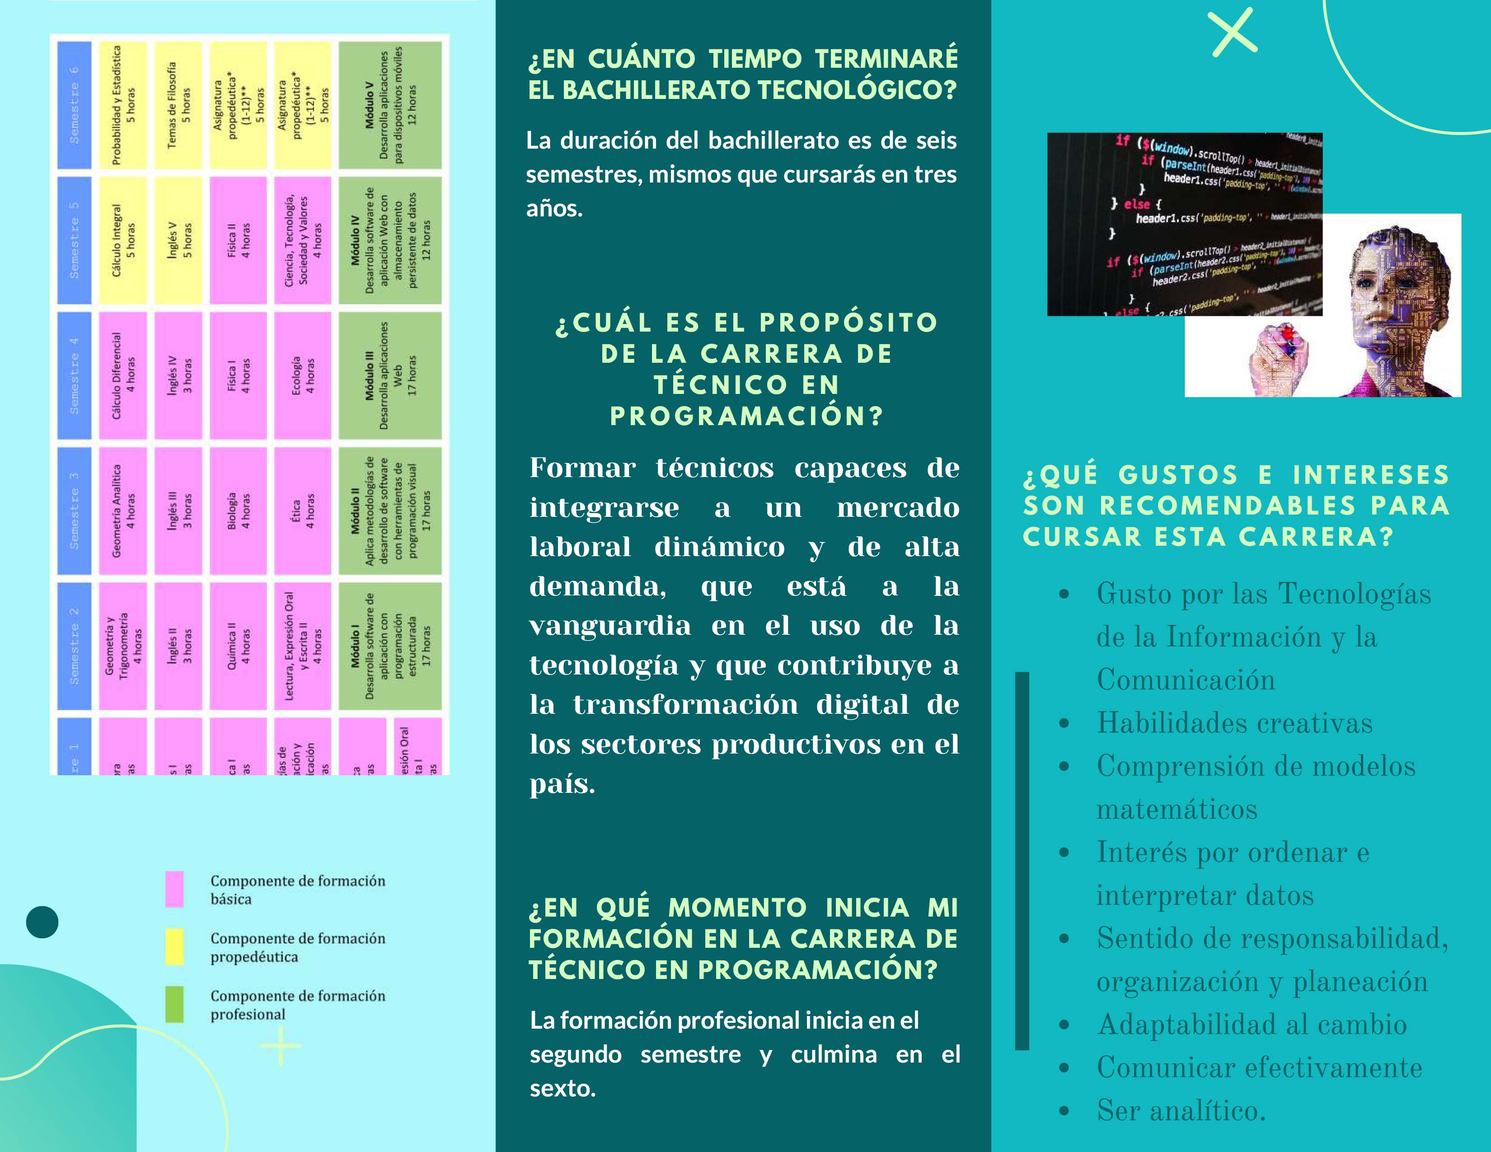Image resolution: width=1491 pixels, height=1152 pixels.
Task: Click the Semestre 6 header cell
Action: coord(74,105)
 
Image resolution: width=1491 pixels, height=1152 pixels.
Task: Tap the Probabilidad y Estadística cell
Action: coord(123,105)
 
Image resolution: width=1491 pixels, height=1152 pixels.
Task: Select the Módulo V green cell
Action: coord(390,105)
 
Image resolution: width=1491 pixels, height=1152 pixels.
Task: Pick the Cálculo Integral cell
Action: coord(123,240)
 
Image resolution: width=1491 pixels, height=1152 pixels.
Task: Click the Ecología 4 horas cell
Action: coord(302,375)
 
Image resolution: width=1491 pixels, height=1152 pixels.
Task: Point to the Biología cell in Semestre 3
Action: coord(238,510)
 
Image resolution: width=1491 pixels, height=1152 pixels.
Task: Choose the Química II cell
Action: coord(238,646)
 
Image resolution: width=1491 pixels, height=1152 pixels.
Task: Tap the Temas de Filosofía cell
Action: coord(178,105)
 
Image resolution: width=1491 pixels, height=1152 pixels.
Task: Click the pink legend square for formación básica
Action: coord(174,889)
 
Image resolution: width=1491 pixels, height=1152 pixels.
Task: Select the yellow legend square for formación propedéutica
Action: coord(174,946)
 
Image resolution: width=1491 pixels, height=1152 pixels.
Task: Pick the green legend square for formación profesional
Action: coord(174,1004)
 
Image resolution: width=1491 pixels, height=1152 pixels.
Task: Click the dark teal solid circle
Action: coord(42,922)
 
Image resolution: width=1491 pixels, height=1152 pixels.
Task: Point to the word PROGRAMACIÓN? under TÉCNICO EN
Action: coord(746,416)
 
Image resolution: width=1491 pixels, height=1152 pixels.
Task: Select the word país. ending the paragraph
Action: coord(562,783)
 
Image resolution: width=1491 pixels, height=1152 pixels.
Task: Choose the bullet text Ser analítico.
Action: coord(1181,1111)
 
